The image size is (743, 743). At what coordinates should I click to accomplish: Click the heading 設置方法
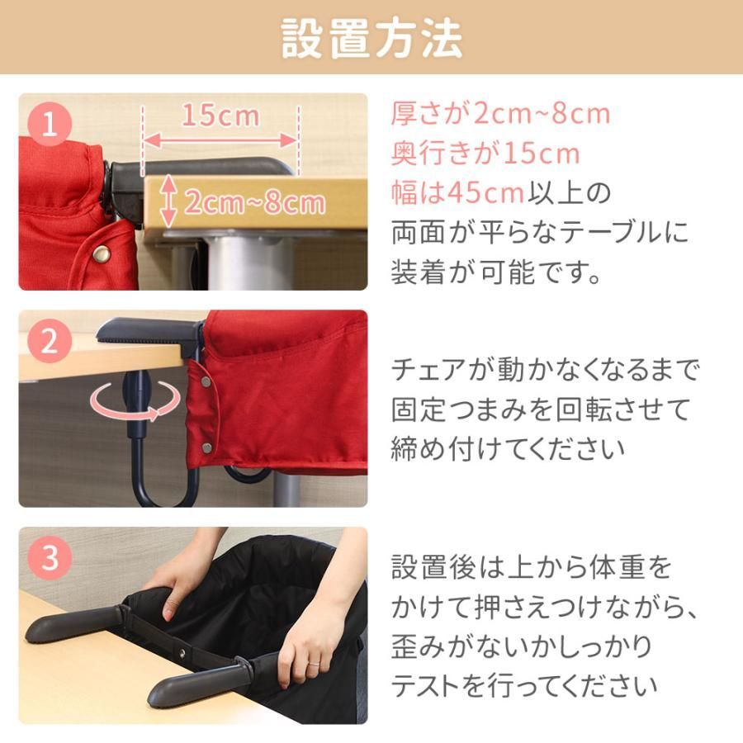(371, 38)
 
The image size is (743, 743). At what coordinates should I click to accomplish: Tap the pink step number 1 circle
(50, 125)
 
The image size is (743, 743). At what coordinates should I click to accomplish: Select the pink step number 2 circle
(50, 341)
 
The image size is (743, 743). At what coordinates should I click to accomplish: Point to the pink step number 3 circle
(50, 557)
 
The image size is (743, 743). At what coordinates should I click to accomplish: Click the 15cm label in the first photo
(220, 116)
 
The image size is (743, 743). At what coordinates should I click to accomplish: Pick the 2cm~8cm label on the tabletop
(254, 202)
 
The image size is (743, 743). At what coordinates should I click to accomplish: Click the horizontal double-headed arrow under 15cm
(220, 140)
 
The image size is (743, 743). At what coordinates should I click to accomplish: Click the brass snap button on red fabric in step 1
(101, 254)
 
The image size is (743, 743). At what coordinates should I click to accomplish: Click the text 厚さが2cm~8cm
(500, 114)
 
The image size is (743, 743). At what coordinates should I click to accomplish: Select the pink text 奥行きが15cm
(485, 154)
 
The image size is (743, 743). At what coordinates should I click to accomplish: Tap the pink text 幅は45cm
(457, 193)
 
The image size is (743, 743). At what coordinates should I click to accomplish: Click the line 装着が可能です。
(496, 272)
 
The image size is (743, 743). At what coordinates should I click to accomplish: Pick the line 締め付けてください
(508, 449)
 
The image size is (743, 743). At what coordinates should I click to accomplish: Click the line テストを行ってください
(524, 686)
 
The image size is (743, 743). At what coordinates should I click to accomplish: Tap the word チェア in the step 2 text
(428, 370)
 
